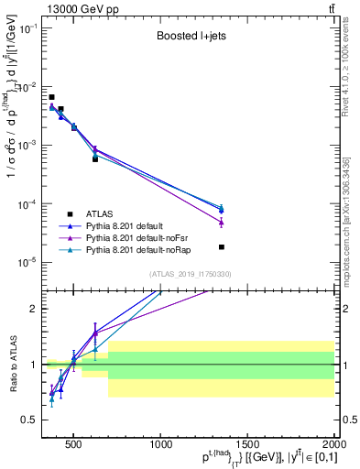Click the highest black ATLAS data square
[x=51, y=97]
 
